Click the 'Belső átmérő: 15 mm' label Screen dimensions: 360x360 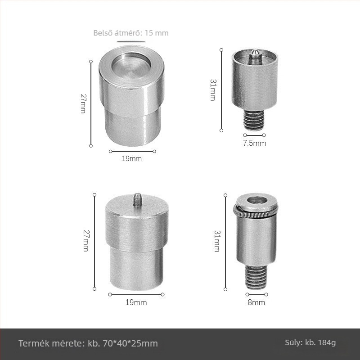coord(131,33)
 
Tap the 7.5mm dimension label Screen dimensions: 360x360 coord(255,143)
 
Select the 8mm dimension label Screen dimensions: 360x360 coord(256,302)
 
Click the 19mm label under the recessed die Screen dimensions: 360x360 coord(131,158)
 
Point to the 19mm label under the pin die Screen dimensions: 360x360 coord(136,302)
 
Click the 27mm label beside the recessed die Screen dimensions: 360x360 coord(83,103)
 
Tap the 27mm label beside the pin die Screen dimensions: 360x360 coord(86,241)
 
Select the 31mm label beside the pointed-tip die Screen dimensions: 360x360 coord(213,90)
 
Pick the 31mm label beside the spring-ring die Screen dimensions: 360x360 coord(217,241)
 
